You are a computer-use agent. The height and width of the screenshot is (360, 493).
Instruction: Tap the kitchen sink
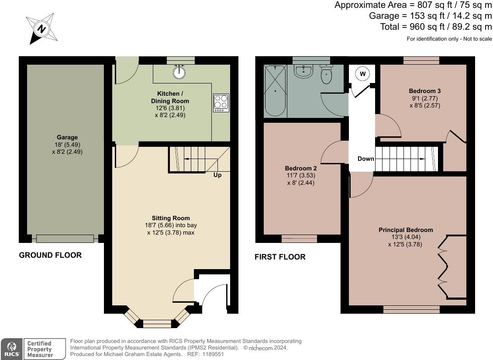click(x=179, y=72)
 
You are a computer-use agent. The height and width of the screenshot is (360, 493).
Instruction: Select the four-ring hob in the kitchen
click(x=221, y=103)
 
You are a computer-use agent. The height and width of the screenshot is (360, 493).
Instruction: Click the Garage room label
click(x=67, y=137)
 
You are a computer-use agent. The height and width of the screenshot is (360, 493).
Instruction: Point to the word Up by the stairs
click(x=217, y=175)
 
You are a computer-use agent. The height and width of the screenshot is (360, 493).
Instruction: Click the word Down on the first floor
click(x=365, y=159)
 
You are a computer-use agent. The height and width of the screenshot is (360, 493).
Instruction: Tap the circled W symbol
click(x=363, y=74)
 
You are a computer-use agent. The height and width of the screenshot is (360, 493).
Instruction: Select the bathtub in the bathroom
click(x=275, y=91)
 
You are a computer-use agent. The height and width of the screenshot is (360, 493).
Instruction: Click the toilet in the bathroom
click(x=327, y=74)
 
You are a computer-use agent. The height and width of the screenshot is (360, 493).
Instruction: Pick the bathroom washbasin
click(x=303, y=71)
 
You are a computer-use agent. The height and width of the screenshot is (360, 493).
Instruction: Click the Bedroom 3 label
click(x=425, y=91)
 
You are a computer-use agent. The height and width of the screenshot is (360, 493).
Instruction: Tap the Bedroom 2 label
click(x=300, y=168)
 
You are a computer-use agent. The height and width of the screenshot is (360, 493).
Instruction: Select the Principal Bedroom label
click(x=406, y=230)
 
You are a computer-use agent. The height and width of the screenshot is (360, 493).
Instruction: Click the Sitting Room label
click(x=171, y=218)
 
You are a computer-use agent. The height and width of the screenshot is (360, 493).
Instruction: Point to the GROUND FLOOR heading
click(x=50, y=255)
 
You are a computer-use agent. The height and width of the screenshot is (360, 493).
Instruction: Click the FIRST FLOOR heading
click(x=280, y=257)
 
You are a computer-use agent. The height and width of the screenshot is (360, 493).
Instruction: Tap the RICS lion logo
click(x=11, y=349)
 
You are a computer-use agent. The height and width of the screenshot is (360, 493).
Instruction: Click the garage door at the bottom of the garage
click(x=65, y=239)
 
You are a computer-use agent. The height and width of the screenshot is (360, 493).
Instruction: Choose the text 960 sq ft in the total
click(x=427, y=27)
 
